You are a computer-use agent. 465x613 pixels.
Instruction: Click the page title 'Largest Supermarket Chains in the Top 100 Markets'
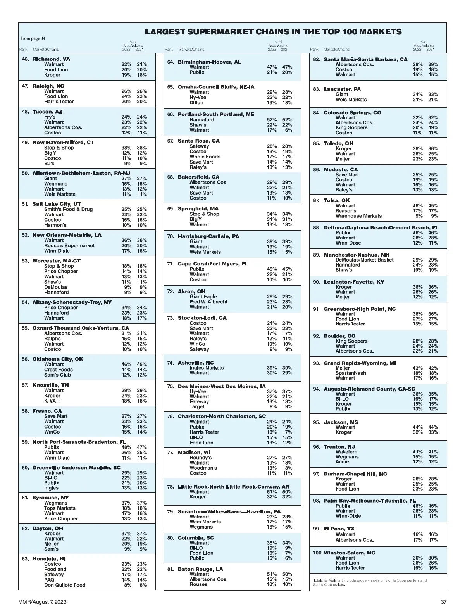coord(273,32)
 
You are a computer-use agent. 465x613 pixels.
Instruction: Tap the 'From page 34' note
coord(33,38)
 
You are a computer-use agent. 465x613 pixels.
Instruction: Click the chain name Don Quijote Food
coord(65,585)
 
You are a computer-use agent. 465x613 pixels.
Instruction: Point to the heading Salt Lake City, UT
coord(57,204)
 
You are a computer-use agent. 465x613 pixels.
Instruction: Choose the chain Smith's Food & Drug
coord(68,209)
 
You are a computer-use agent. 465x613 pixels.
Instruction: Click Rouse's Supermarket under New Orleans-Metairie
coord(69,245)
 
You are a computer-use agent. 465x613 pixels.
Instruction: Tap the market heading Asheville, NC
coord(196,363)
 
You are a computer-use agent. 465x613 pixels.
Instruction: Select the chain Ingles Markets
coord(207,368)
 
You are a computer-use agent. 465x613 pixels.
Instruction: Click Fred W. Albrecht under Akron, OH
coord(208,302)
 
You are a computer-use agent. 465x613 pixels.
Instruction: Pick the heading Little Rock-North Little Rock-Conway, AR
coord(233,487)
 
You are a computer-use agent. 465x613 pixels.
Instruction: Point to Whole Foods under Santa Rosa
coord(205,157)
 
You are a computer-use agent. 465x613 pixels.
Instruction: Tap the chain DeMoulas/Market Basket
coord(364,260)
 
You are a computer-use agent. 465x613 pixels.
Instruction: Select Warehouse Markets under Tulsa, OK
coord(358,216)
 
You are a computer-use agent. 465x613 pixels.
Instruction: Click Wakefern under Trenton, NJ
coord(346,452)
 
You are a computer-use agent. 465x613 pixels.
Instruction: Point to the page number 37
coord(444,602)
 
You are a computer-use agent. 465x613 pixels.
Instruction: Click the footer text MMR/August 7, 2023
coord(42,602)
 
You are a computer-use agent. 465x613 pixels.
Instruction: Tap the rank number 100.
coord(317,553)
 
